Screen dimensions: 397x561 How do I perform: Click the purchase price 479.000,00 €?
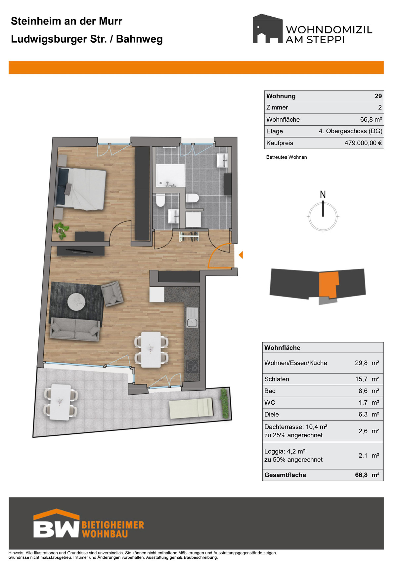tap(363, 143)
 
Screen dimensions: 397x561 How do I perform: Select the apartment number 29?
tap(378, 96)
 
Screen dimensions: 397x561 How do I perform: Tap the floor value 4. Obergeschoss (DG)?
tap(350, 131)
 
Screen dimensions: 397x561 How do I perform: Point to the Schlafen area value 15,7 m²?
tap(367, 379)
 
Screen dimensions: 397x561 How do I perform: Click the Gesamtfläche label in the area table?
tap(285, 475)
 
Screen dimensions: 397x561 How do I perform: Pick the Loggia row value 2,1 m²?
tap(369, 455)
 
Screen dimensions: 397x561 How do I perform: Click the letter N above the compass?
tap(323, 194)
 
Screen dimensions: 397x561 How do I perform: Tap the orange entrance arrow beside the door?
tap(241, 255)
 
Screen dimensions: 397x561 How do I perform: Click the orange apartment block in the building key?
tap(329, 285)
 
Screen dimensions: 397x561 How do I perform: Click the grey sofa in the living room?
tap(75, 329)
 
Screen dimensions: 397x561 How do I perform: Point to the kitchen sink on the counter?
tap(192, 318)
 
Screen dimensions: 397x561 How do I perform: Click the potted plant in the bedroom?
tap(61, 230)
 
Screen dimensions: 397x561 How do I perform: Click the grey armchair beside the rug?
tap(112, 294)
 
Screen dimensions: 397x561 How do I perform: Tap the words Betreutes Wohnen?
tap(287, 157)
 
